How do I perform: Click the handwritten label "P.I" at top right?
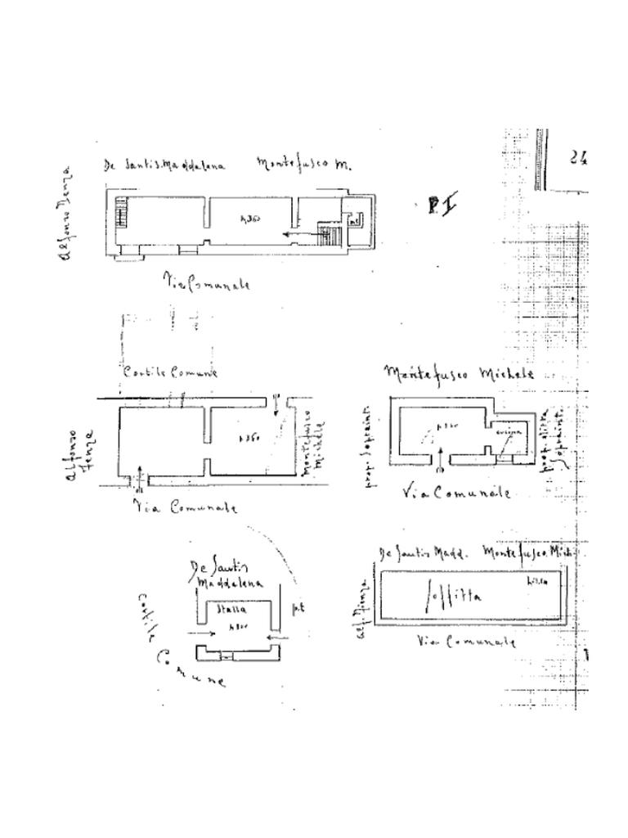click(442, 205)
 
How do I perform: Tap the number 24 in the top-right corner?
click(579, 157)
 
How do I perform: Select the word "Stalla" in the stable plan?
click(231, 610)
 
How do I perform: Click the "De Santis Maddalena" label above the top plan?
click(164, 164)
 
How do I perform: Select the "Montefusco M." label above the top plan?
click(304, 164)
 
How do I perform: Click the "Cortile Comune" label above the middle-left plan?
click(171, 372)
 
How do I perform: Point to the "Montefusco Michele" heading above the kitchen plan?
click(459, 374)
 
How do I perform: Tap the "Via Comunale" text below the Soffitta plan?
click(466, 642)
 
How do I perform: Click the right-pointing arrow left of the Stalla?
click(201, 633)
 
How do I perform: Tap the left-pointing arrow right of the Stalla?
click(279, 634)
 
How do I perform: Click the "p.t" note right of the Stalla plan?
click(298, 608)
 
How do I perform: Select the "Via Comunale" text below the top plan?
click(206, 283)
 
